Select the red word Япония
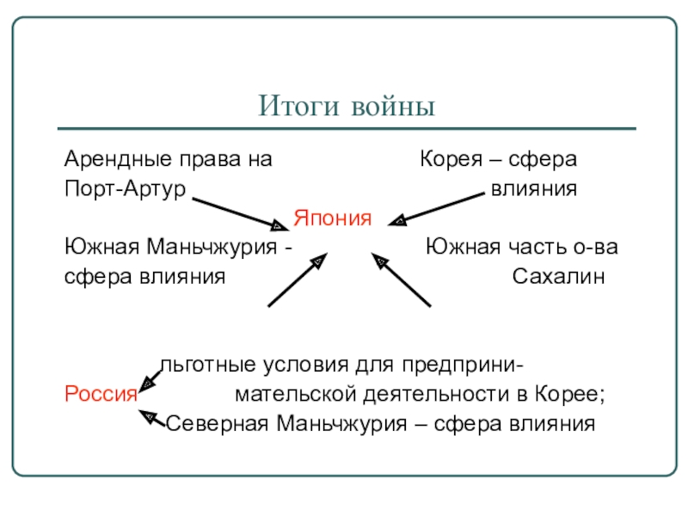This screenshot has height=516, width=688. pyautogui.click(x=333, y=218)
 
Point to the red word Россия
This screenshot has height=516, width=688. pyautogui.click(x=101, y=395)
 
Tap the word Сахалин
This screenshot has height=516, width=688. pyautogui.click(x=559, y=277)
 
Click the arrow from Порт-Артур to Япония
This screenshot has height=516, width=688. pyautogui.click(x=240, y=213)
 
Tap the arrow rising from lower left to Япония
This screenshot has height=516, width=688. pyautogui.click(x=297, y=279)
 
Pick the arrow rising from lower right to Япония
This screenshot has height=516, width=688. pyautogui.click(x=401, y=279)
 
